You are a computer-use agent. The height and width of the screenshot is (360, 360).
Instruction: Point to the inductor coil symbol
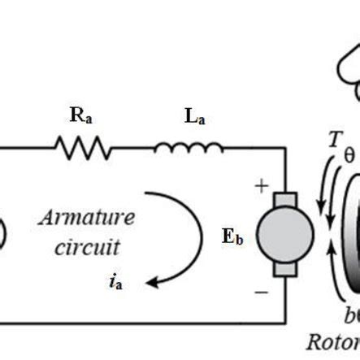pos(188,148)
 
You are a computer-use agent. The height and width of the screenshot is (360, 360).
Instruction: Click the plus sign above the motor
pos(262,186)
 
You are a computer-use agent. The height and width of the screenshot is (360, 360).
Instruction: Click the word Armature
pos(86,218)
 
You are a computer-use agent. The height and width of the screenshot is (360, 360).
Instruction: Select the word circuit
pos(87,246)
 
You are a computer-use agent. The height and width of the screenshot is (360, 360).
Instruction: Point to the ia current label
pos(116,282)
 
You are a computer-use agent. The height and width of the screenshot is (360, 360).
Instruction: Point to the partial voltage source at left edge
pos(3,232)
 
